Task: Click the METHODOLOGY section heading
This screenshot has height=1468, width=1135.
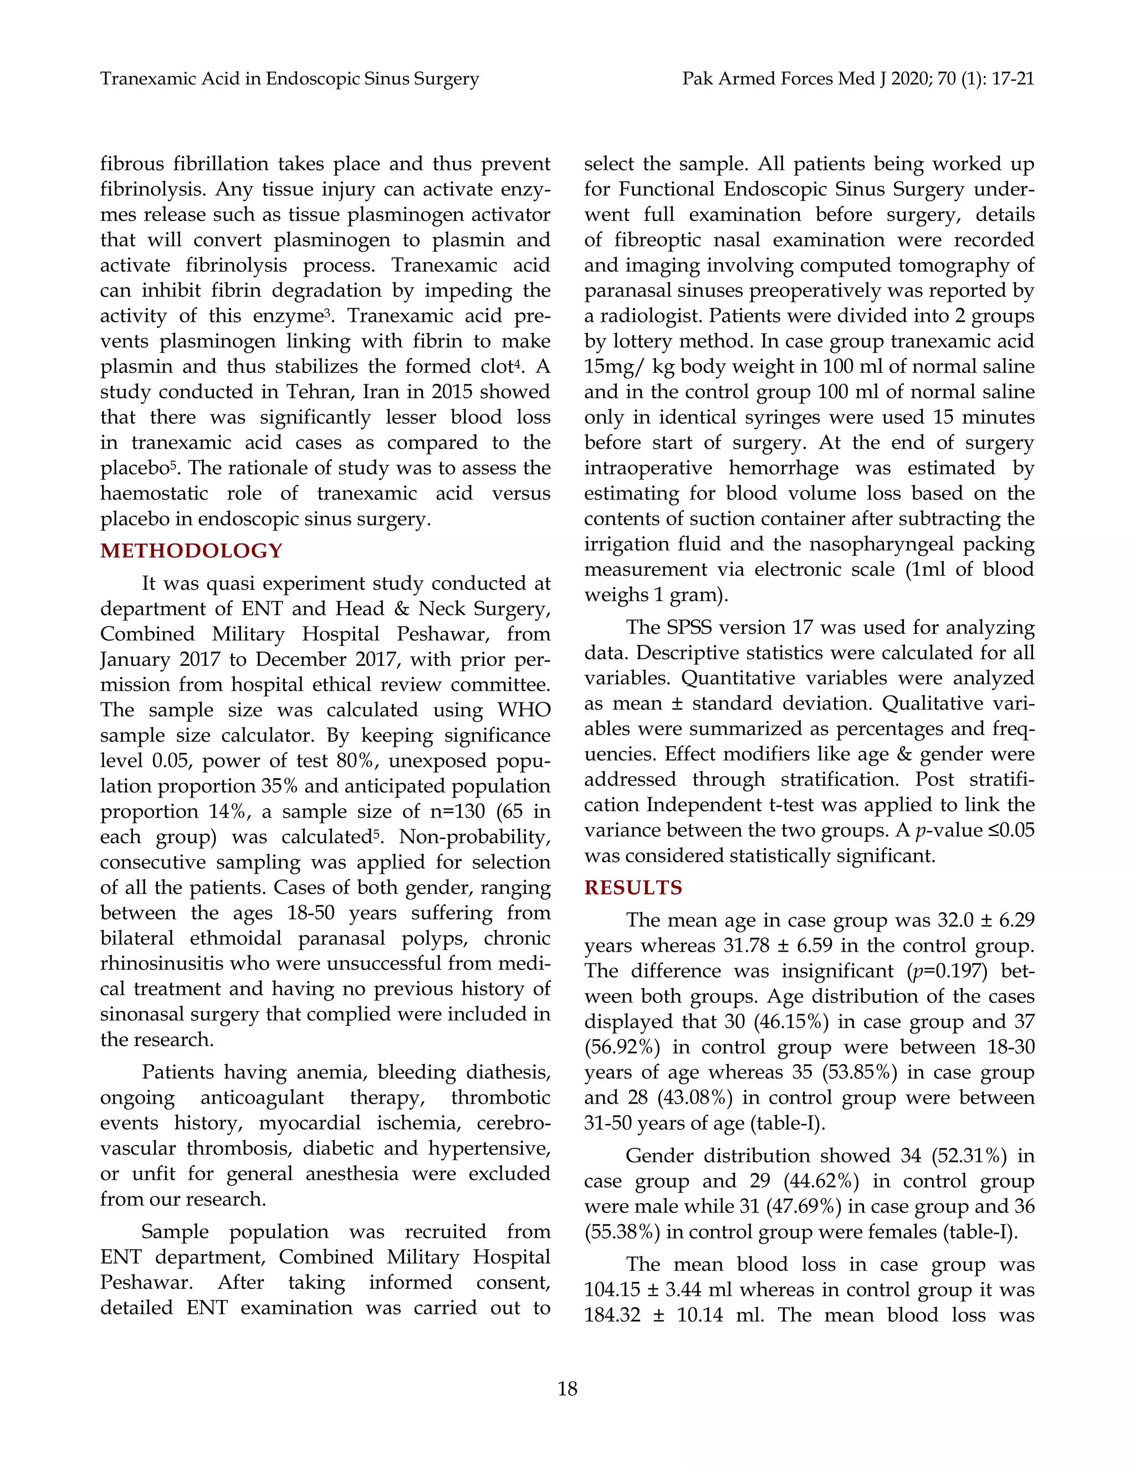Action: tap(191, 551)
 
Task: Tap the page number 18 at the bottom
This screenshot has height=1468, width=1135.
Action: tap(567, 1389)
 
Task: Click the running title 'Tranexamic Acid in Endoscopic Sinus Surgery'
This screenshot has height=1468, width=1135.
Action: tap(289, 79)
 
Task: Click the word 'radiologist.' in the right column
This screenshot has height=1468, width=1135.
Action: tap(650, 315)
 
